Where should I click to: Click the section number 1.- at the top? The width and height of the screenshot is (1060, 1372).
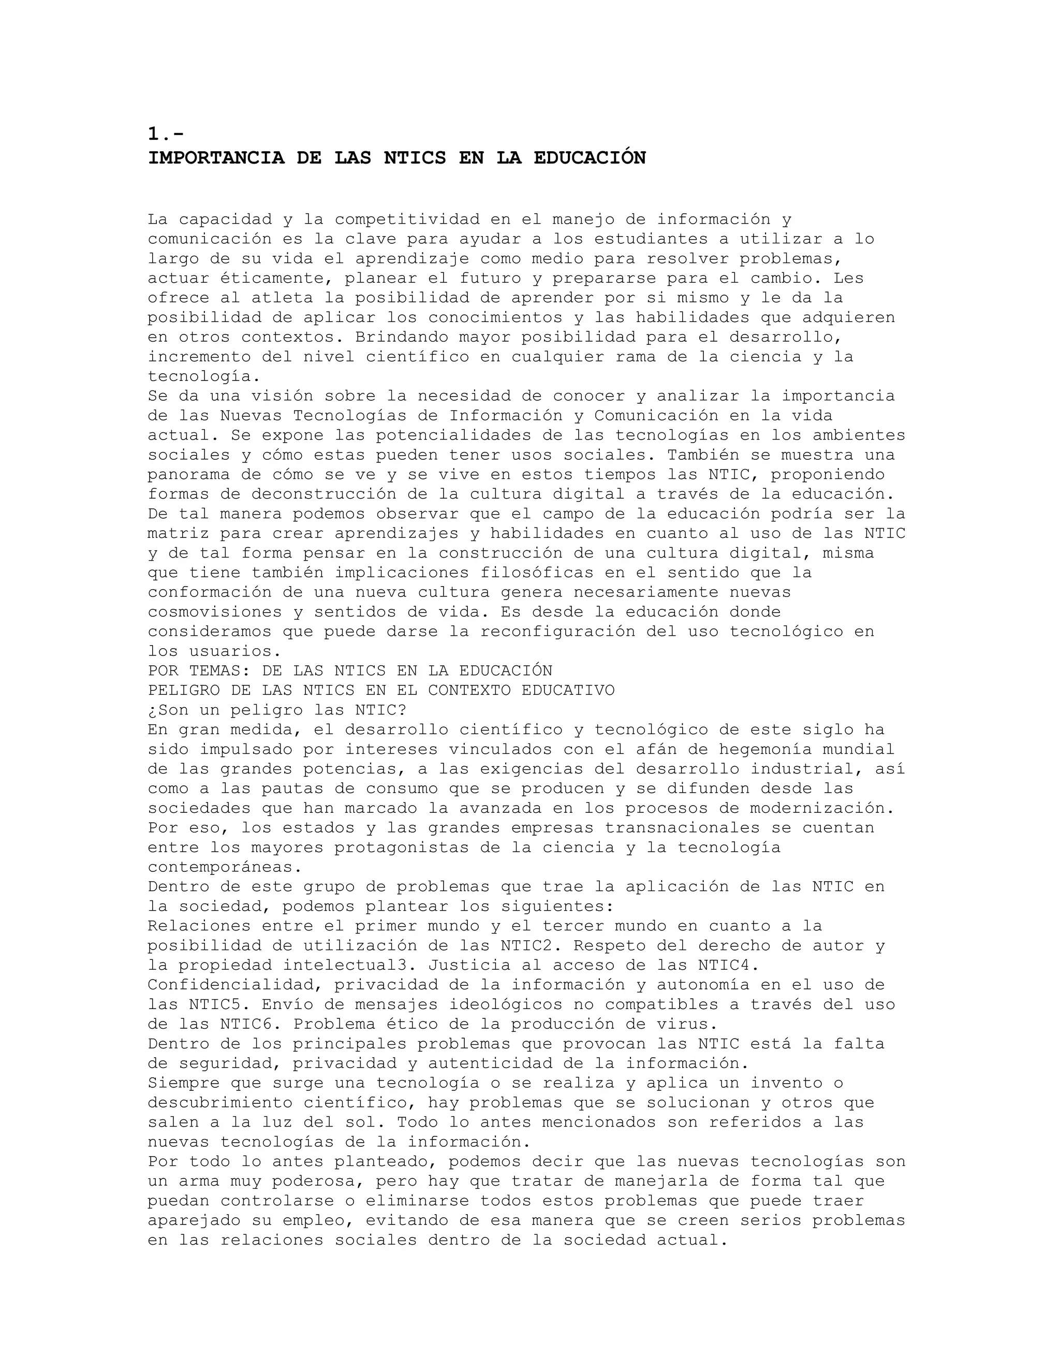(166, 133)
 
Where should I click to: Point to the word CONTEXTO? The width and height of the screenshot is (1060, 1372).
(468, 690)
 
